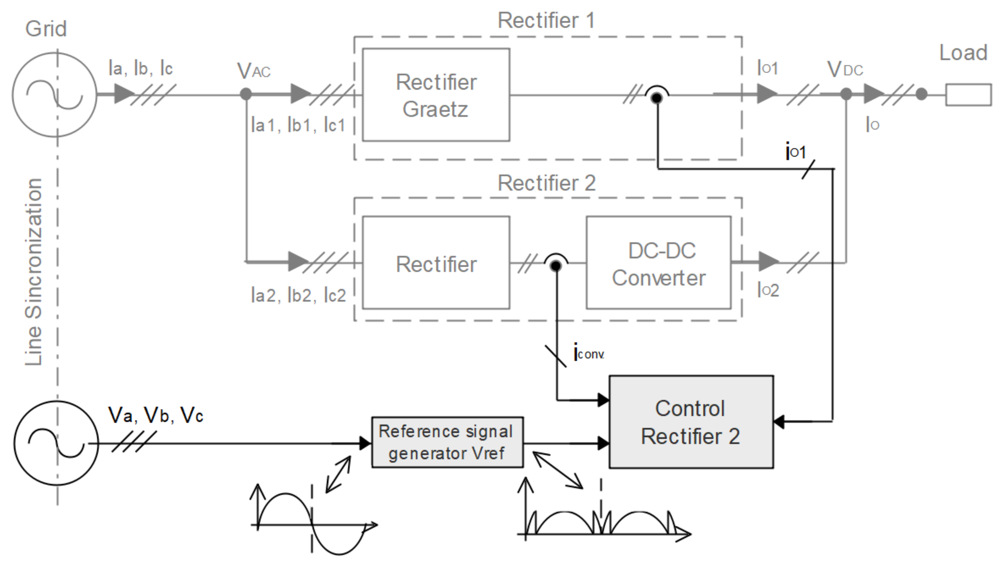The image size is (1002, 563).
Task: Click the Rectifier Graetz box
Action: (x=436, y=94)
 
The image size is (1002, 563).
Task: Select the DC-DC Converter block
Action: (x=658, y=263)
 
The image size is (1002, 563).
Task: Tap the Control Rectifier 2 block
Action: (x=691, y=422)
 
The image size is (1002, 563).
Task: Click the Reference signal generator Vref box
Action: (x=447, y=443)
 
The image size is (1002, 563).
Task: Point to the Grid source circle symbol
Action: (x=55, y=94)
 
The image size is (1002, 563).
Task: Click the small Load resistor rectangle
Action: (x=968, y=94)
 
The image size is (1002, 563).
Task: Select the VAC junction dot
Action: (x=246, y=94)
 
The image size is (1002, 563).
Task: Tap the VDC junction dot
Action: (x=846, y=94)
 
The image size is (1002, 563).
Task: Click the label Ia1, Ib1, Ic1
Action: (x=298, y=125)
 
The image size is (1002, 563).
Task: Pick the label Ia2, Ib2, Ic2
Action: (x=298, y=295)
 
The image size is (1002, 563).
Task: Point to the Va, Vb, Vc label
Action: (x=156, y=415)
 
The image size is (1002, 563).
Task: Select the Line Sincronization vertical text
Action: (x=33, y=272)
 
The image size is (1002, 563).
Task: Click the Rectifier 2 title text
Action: (x=547, y=183)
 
